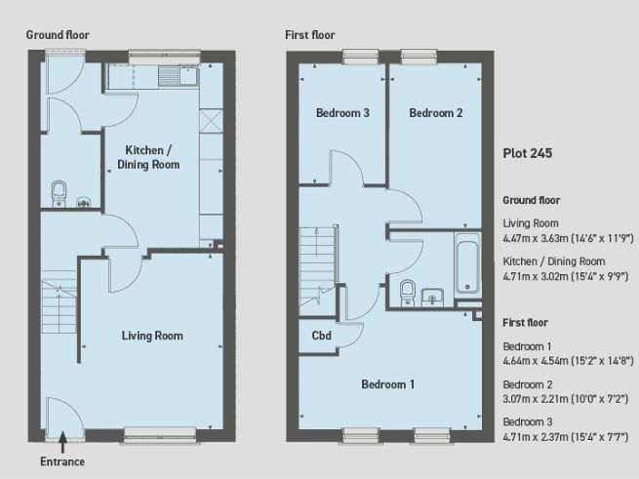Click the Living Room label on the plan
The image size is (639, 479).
152,336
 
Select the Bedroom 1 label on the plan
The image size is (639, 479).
387,384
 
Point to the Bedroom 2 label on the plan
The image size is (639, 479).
435,113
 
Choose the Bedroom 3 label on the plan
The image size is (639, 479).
342,113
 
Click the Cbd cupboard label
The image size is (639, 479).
320,338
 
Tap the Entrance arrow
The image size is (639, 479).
60,443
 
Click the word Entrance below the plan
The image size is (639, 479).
62,461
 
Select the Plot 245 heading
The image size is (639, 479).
527,153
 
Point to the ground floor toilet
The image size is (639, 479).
60,190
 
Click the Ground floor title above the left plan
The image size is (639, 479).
58,34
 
